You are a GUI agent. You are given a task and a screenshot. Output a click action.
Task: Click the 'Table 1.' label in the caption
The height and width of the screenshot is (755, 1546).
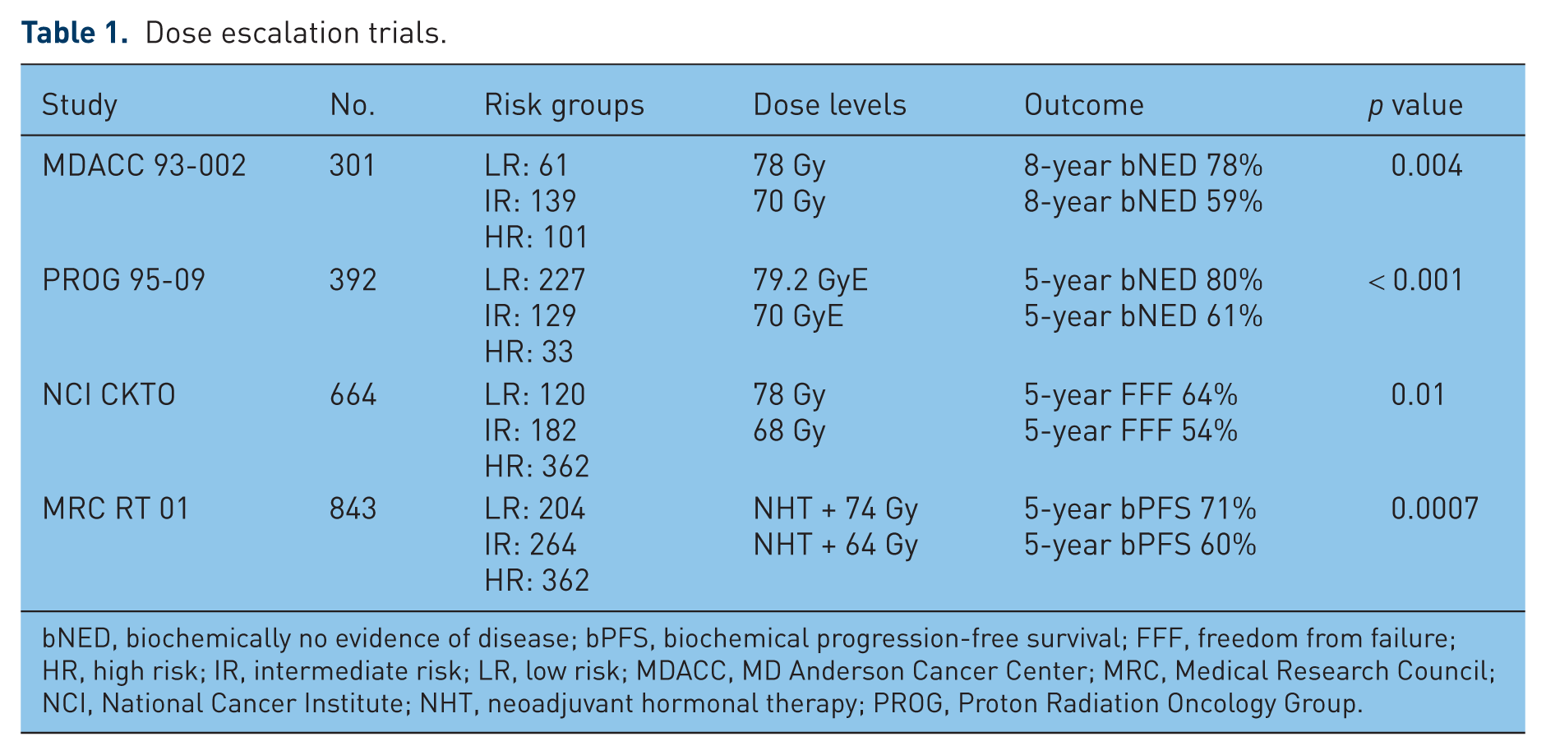point(75,33)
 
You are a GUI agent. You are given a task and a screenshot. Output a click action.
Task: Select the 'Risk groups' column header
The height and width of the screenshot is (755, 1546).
point(564,106)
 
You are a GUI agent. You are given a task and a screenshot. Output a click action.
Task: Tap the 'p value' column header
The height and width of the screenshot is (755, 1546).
point(1415,106)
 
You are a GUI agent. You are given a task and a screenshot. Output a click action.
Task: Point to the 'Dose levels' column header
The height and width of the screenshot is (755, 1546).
point(829,105)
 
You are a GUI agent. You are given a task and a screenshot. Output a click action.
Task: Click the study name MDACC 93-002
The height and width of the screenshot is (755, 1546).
point(144,166)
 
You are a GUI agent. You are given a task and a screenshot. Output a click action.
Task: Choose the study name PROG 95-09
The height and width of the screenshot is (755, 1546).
point(123,280)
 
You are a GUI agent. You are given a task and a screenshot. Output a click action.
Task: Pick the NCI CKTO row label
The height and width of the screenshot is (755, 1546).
point(108,395)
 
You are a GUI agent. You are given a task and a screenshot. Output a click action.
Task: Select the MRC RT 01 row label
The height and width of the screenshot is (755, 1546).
point(115,509)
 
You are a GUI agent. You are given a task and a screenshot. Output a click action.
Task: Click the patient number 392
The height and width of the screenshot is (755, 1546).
point(353,280)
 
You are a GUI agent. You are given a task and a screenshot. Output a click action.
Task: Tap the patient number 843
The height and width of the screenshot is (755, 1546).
point(353,509)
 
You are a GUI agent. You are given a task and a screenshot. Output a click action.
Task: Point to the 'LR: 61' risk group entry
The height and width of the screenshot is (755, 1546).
point(526,166)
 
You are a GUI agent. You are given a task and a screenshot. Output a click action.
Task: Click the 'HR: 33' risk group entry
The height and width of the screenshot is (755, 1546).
point(528,352)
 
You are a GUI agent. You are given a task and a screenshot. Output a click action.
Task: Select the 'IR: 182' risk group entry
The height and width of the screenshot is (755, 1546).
point(530,431)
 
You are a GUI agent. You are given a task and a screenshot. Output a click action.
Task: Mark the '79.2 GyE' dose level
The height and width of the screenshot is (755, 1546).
point(810,280)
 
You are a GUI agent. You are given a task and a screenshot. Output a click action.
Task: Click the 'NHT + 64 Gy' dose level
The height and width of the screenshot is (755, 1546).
point(835,546)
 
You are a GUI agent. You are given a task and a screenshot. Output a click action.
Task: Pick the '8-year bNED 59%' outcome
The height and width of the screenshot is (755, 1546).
point(1142,202)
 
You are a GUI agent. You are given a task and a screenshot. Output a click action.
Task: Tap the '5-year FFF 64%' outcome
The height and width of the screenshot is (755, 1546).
point(1130,395)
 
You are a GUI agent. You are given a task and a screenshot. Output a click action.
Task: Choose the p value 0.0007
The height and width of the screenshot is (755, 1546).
point(1434,509)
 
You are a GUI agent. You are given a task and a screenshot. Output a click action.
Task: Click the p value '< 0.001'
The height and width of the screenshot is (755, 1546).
point(1415,280)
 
